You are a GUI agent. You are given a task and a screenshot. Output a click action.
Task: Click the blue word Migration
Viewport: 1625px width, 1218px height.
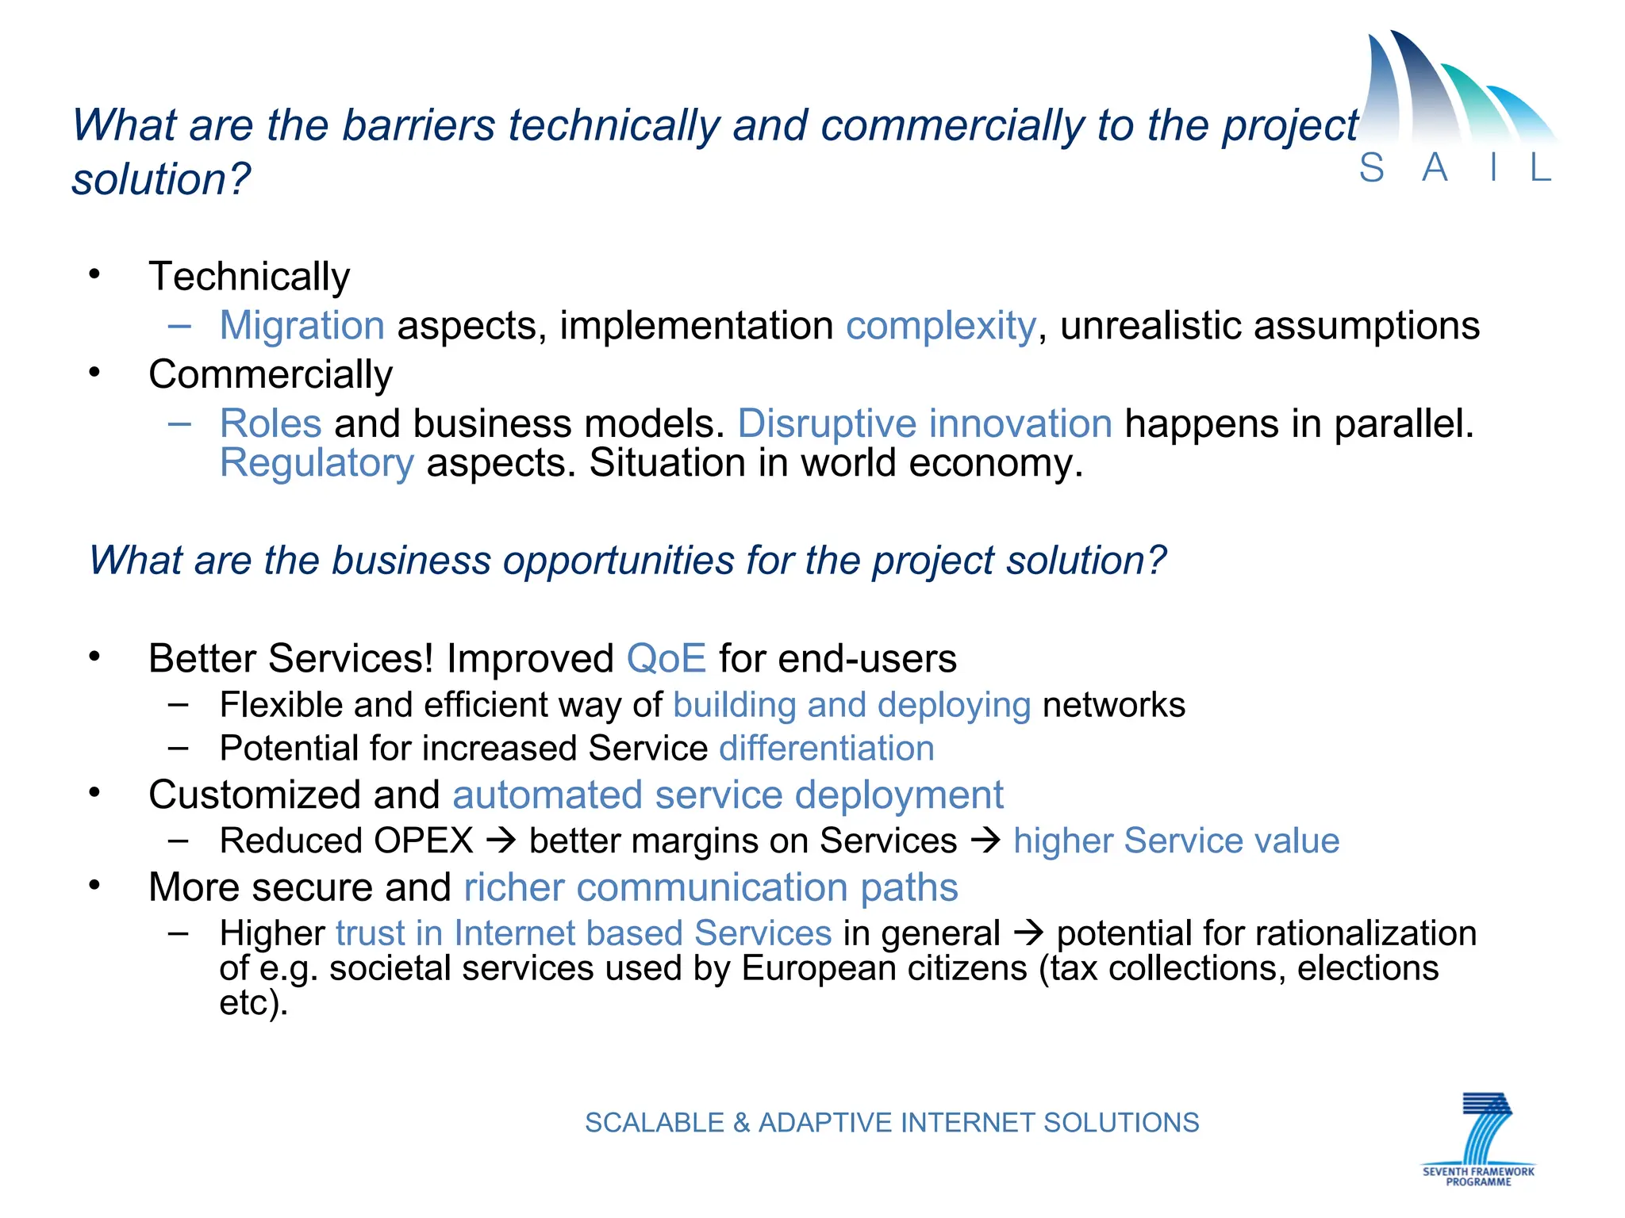point(302,326)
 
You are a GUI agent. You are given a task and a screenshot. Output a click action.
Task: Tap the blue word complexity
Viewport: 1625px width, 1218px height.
point(940,326)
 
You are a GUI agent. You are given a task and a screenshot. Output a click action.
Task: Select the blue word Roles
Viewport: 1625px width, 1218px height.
point(271,423)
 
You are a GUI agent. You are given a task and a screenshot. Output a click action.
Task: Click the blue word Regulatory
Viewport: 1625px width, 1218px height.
point(317,463)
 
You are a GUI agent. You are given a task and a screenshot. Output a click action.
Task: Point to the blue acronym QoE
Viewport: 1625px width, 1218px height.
point(666,659)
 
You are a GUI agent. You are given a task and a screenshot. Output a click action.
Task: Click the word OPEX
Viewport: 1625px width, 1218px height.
point(424,841)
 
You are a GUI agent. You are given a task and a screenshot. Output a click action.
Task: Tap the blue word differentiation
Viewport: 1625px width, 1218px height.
point(826,749)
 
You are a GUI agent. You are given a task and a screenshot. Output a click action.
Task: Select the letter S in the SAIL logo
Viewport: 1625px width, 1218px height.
point(1372,168)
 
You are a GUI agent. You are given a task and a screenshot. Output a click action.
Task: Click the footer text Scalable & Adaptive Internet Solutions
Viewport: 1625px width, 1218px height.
point(892,1123)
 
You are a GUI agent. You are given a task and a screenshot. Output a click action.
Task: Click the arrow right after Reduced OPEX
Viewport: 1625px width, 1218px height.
point(501,840)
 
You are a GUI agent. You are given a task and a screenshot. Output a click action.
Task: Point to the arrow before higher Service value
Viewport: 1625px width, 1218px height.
point(985,840)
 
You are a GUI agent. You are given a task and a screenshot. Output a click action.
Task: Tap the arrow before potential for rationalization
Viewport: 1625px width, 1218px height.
point(1028,933)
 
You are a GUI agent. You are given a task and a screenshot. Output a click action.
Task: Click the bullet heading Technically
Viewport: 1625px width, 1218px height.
point(249,277)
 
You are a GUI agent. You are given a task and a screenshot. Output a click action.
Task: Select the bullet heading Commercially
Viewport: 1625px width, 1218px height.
point(271,374)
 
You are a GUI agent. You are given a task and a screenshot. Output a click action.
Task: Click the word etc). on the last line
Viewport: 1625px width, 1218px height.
point(253,1003)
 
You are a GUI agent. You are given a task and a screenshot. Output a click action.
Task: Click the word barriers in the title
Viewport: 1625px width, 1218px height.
point(418,125)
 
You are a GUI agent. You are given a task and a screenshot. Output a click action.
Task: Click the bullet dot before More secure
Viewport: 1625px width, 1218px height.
point(95,885)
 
